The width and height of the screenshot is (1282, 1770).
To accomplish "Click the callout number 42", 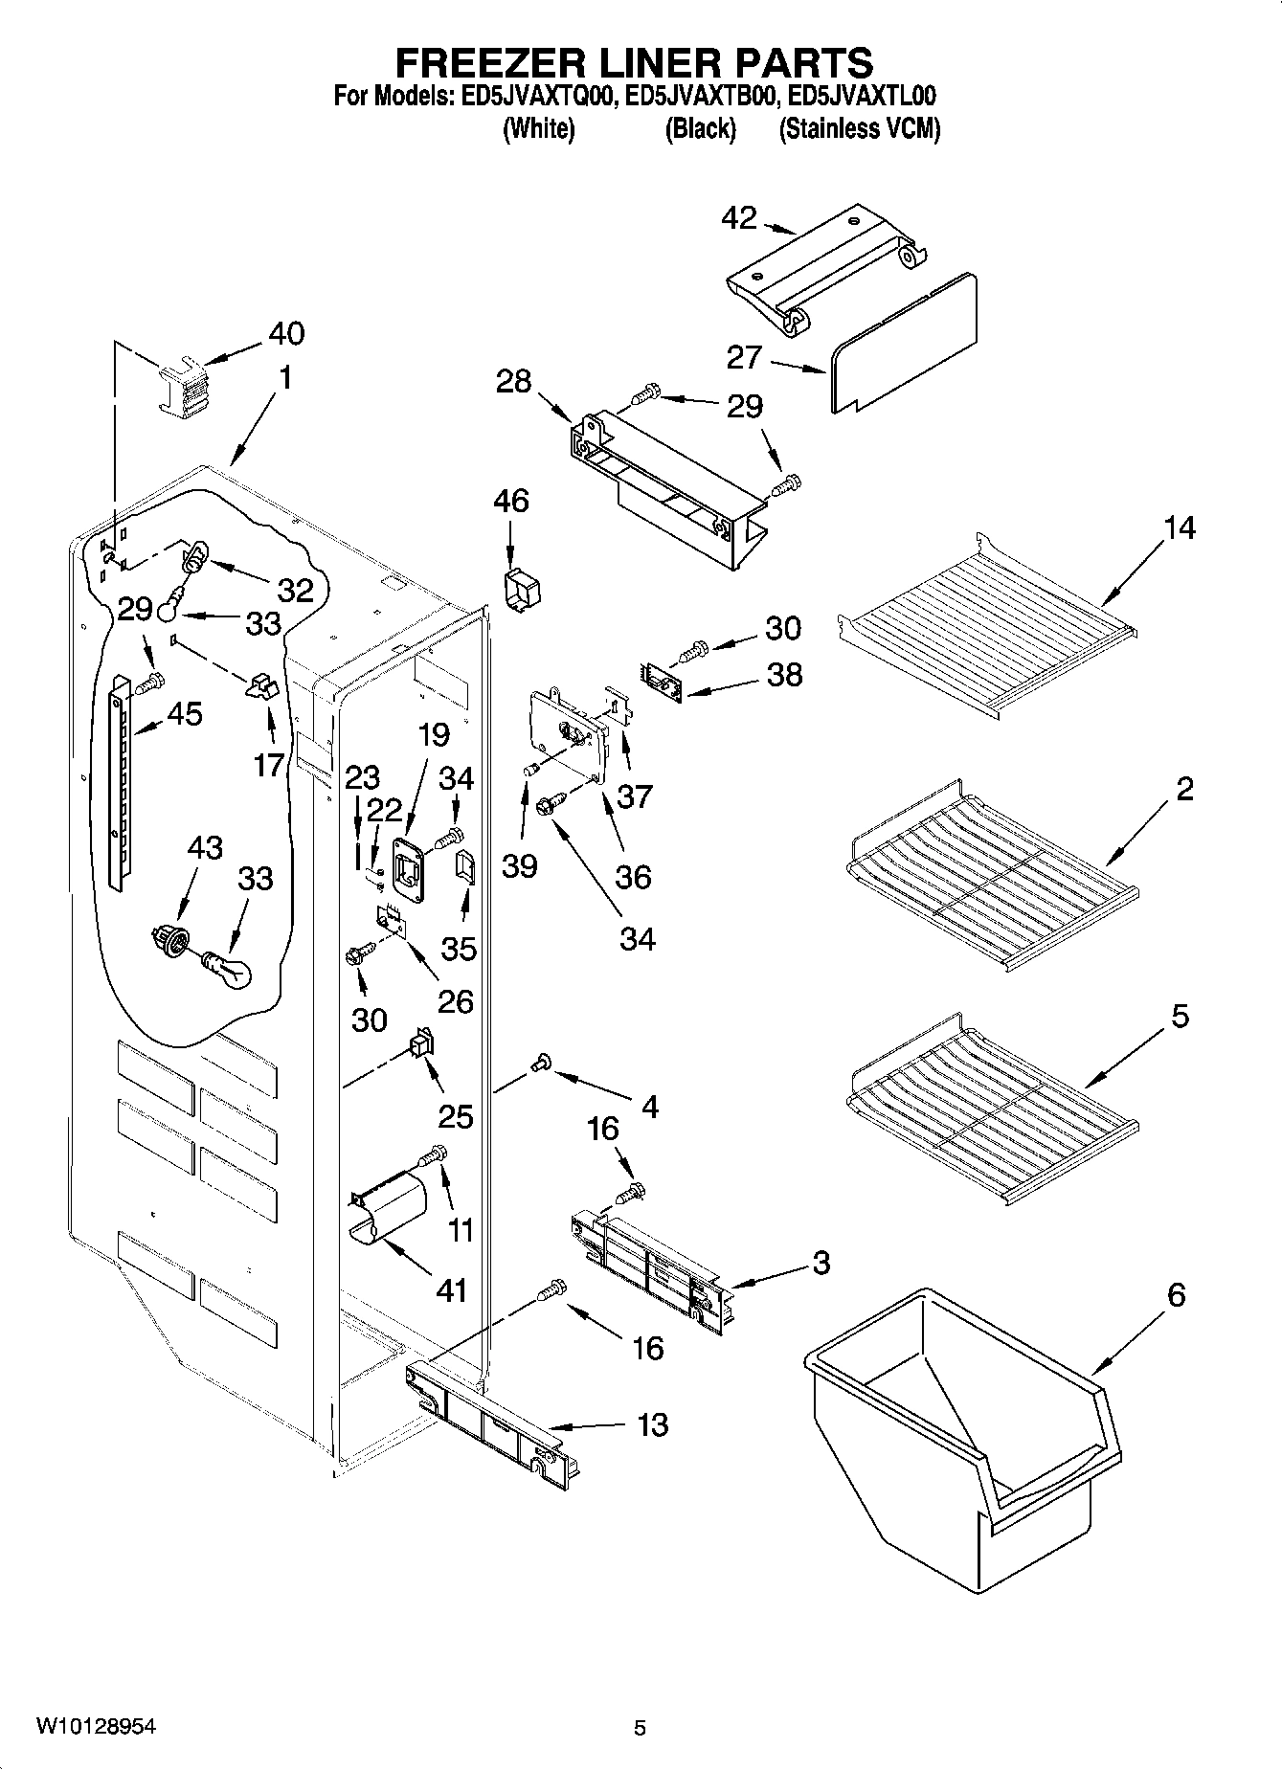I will (x=738, y=218).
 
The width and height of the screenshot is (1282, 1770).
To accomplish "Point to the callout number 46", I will (x=510, y=501).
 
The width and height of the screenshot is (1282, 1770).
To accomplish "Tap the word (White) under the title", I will (x=538, y=128).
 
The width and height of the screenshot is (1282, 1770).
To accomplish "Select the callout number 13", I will (x=652, y=1424).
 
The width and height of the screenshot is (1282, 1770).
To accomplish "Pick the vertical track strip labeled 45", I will (x=119, y=779).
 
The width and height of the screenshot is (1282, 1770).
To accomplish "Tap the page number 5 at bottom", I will (x=640, y=1728).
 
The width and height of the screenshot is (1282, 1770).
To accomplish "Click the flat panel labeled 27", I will (x=905, y=345).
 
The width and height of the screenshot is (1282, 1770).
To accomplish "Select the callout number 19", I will (x=433, y=735).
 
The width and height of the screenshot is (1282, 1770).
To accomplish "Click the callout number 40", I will (x=285, y=333).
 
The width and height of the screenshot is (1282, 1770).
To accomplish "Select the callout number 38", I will (x=785, y=675).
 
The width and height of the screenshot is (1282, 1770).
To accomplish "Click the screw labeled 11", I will (x=434, y=1156).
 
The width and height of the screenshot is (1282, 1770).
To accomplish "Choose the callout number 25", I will (x=456, y=1115).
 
